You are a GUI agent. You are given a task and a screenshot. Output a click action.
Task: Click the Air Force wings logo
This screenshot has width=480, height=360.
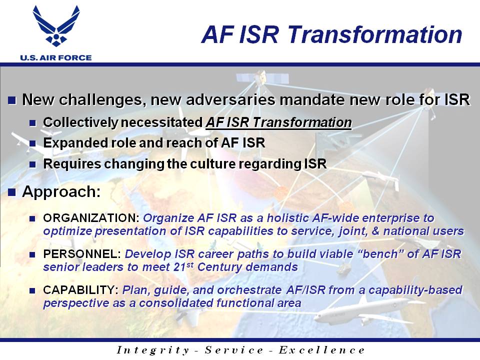[x=56, y=26]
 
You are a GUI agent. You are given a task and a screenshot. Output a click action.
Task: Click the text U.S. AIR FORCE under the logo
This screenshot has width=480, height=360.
[x=56, y=57]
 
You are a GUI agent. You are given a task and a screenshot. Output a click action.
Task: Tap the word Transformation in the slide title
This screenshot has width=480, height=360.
[x=374, y=34]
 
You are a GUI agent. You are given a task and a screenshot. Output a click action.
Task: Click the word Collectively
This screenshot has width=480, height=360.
[x=80, y=123]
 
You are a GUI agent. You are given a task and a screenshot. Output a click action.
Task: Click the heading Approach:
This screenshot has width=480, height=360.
[x=61, y=192]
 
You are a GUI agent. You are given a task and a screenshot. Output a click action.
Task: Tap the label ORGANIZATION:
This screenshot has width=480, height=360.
[x=91, y=218]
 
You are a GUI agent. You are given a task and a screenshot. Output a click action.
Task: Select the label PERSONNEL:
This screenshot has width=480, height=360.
[x=82, y=254]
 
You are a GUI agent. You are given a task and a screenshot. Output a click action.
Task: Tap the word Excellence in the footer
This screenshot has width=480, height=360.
[x=321, y=350]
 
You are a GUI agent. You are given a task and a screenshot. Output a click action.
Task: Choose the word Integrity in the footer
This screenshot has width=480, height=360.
[x=153, y=350]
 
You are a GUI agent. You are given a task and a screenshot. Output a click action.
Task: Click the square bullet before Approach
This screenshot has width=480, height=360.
[x=11, y=192]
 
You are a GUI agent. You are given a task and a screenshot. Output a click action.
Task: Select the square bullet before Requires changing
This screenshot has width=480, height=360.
[x=32, y=164]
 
